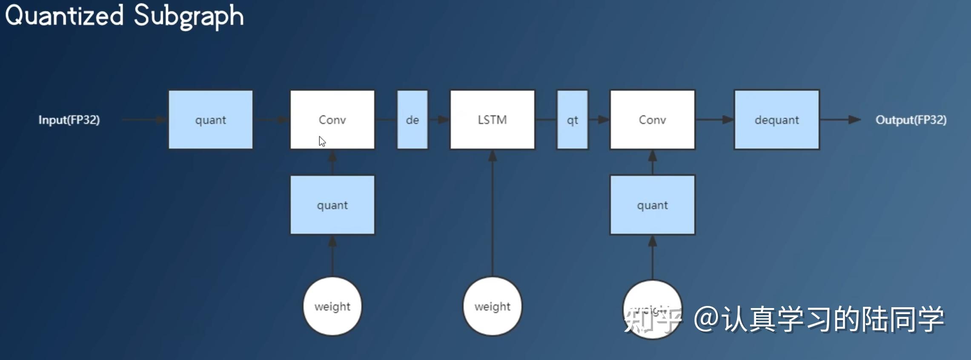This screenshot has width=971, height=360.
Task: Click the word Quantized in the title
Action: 64,15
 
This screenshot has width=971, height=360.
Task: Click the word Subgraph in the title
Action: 188,16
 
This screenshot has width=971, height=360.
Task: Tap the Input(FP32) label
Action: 69,120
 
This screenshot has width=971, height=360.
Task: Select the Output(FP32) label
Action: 911,120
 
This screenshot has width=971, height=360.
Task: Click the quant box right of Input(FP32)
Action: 210,120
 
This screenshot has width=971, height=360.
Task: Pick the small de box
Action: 412,120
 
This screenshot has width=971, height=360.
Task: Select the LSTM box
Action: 492,120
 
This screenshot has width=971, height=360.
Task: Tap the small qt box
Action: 572,120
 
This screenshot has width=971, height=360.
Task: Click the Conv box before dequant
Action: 652,120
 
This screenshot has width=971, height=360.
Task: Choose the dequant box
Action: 776,120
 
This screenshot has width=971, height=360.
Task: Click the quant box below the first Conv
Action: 332,205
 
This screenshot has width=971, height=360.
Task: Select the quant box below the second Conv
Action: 652,205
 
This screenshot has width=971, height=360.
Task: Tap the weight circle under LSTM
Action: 492,306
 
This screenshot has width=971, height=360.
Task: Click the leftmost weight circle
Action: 332,306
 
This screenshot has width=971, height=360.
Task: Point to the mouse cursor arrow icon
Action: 322,142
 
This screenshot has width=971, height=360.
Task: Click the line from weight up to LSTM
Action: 492,213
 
